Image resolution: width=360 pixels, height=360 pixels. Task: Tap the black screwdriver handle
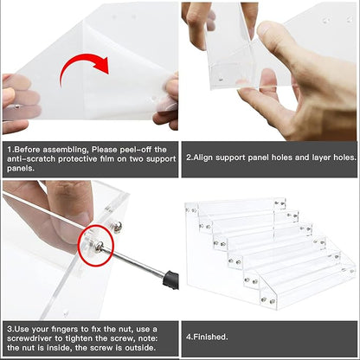coord(170,280)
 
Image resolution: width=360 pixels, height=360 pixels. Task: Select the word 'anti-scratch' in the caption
coord(31,159)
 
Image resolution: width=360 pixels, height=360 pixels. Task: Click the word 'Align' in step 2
coord(203,157)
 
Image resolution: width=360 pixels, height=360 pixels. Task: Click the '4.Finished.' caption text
coord(207,337)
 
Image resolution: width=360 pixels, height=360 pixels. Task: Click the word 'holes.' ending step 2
coord(345,157)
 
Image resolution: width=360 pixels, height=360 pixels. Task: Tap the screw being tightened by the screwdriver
coord(99,247)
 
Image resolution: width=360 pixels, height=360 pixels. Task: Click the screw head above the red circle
coord(117,227)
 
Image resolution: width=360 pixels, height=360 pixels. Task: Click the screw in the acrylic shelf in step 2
coord(221,78)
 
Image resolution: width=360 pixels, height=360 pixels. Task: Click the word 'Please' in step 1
coord(104,150)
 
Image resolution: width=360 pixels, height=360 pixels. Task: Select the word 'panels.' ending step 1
coord(21,169)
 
